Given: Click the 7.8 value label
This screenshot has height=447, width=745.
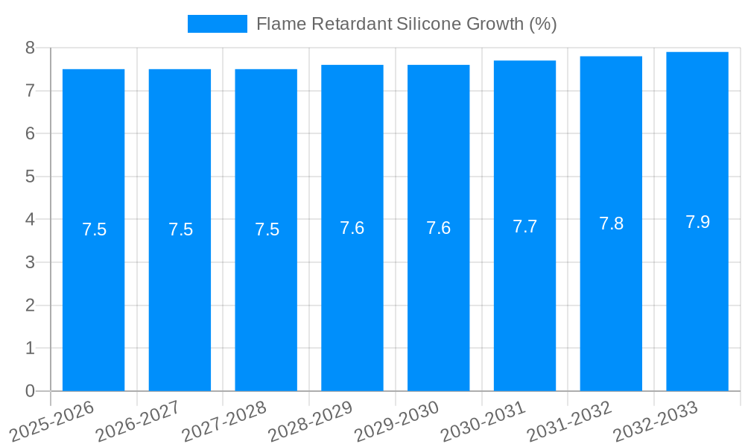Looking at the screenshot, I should click(611, 223).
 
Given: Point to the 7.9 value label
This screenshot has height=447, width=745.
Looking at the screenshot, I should click(697, 222).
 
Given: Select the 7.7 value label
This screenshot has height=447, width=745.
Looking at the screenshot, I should click(524, 226).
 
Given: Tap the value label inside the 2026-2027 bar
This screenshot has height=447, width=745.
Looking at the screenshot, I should click(180, 229).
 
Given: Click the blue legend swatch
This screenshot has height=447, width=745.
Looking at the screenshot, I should click(217, 24).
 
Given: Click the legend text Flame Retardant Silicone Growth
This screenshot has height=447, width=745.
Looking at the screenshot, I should click(406, 24).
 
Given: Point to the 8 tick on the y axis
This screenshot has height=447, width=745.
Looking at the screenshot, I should click(30, 48).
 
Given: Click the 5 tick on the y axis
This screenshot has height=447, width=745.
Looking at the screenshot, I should click(30, 177).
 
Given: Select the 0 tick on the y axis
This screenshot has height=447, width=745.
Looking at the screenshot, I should click(30, 391).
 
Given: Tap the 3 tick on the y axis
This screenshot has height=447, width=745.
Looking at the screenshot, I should click(30, 262).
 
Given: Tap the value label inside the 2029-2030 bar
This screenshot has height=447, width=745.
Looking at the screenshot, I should click(438, 228).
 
